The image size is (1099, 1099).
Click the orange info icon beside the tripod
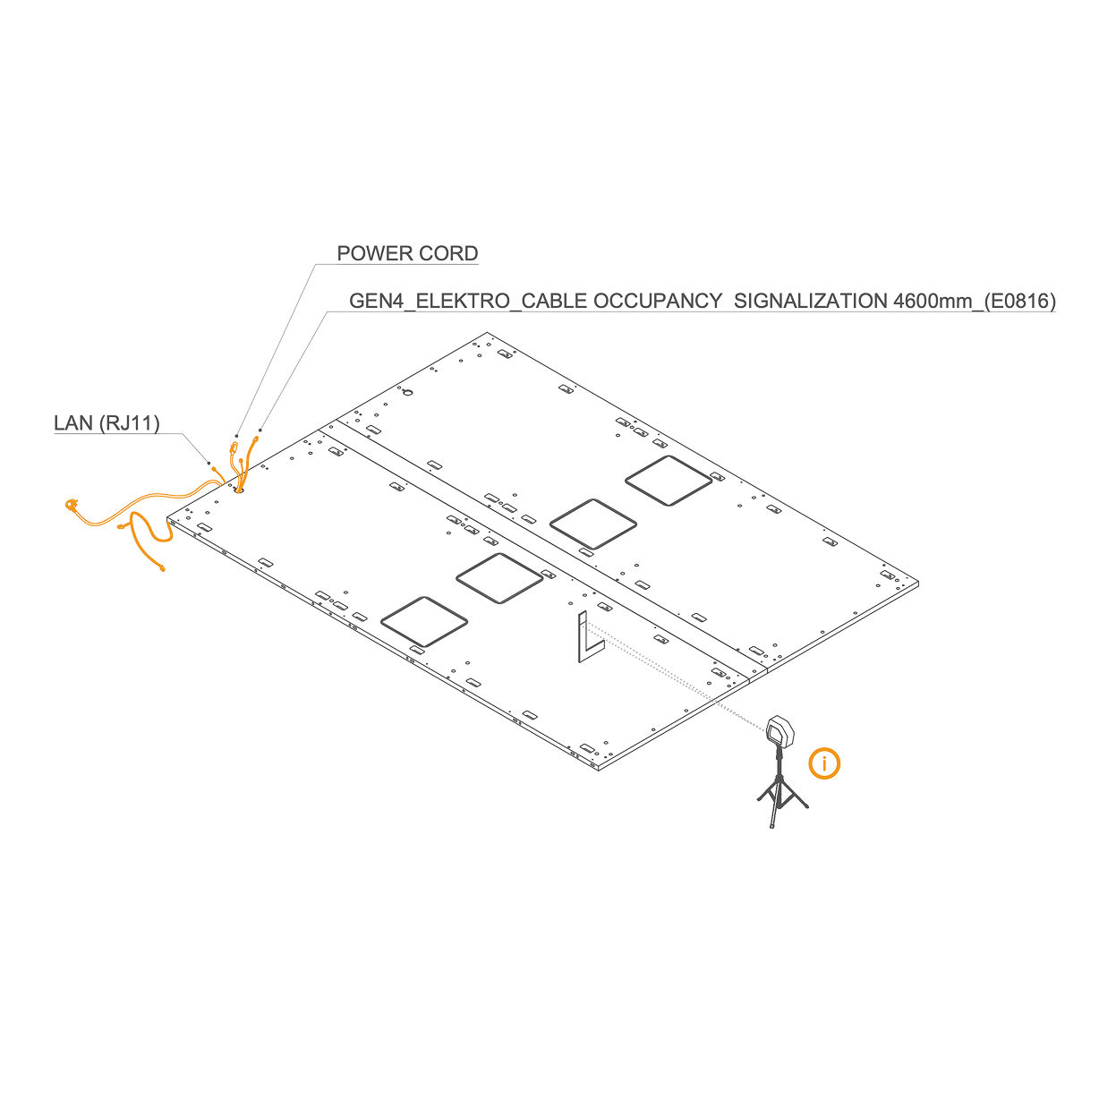pyautogui.click(x=824, y=763)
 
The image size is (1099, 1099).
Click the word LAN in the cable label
pyautogui.click(x=72, y=422)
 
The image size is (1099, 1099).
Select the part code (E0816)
pyautogui.click(x=1020, y=301)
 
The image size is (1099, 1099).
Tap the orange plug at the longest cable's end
pyautogui.click(x=72, y=507)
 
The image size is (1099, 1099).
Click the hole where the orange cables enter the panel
pyautogui.click(x=239, y=489)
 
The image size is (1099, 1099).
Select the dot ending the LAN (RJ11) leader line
pyautogui.click(x=209, y=463)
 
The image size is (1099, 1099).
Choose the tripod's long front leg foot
pyautogui.click(x=771, y=824)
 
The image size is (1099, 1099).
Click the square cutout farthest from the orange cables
pyautogui.click(x=669, y=481)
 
